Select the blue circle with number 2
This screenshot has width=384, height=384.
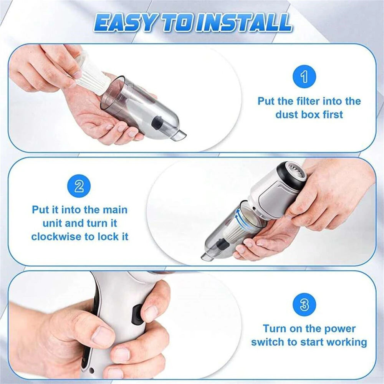pyautogui.click(x=79, y=187)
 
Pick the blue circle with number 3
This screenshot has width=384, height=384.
pyautogui.click(x=304, y=305)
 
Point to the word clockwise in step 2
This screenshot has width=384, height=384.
pyautogui.click(x=55, y=237)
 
